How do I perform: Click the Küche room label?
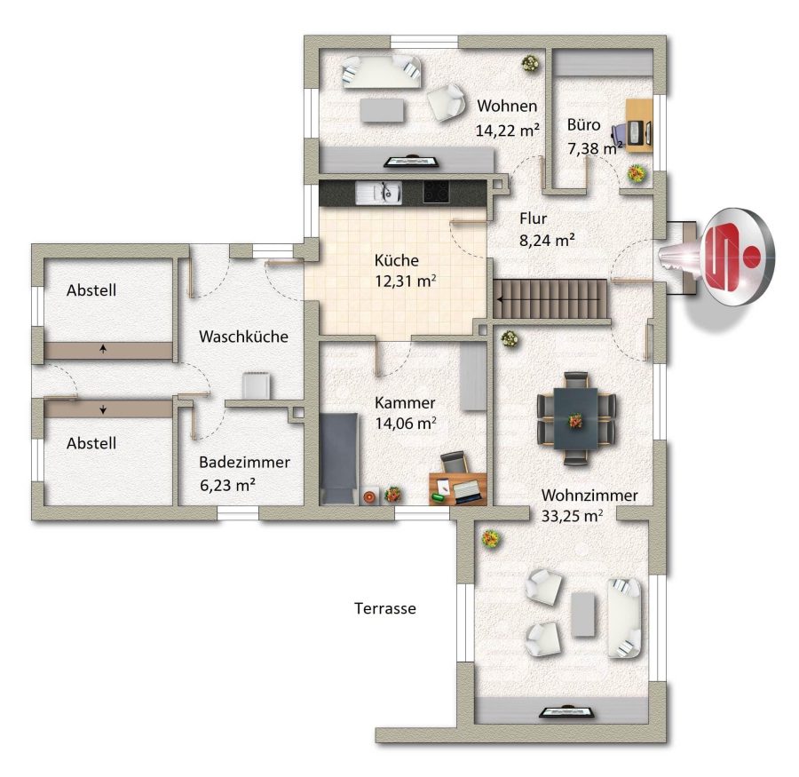(x=397, y=260)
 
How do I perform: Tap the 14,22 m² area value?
(x=507, y=131)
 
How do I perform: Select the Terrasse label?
(x=385, y=608)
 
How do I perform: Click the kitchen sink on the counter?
(x=378, y=193)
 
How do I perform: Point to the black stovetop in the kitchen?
(x=436, y=192)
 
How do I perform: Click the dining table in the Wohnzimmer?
(x=576, y=418)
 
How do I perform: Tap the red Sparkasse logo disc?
(x=738, y=257)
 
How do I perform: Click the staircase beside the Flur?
(x=550, y=299)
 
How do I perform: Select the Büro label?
(x=583, y=125)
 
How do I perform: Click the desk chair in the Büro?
(x=620, y=133)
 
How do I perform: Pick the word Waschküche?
(x=243, y=337)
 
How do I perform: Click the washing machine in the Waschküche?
(x=257, y=386)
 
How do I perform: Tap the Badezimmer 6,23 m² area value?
(x=227, y=485)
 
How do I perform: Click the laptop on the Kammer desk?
(x=467, y=491)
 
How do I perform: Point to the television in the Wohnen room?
(x=412, y=162)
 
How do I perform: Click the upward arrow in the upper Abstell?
(x=104, y=349)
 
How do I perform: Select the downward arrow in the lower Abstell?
(x=104, y=408)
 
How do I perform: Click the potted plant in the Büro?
(x=637, y=174)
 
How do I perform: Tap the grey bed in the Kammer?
(x=338, y=459)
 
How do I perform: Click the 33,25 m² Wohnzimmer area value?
(x=572, y=517)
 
